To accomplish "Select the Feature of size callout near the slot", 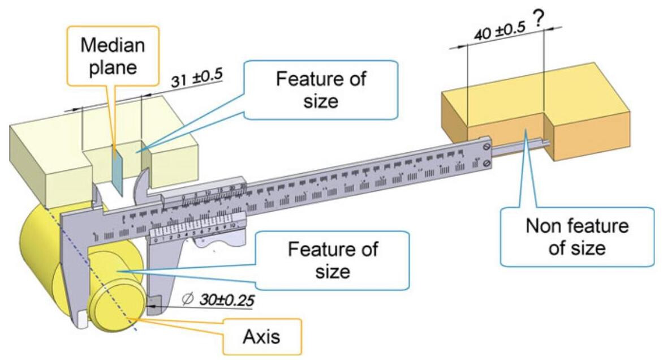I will click(x=321, y=89).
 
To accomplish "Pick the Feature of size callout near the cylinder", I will click(x=331, y=259).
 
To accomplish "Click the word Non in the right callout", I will click(x=542, y=228).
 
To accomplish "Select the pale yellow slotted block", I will click(x=51, y=164).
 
